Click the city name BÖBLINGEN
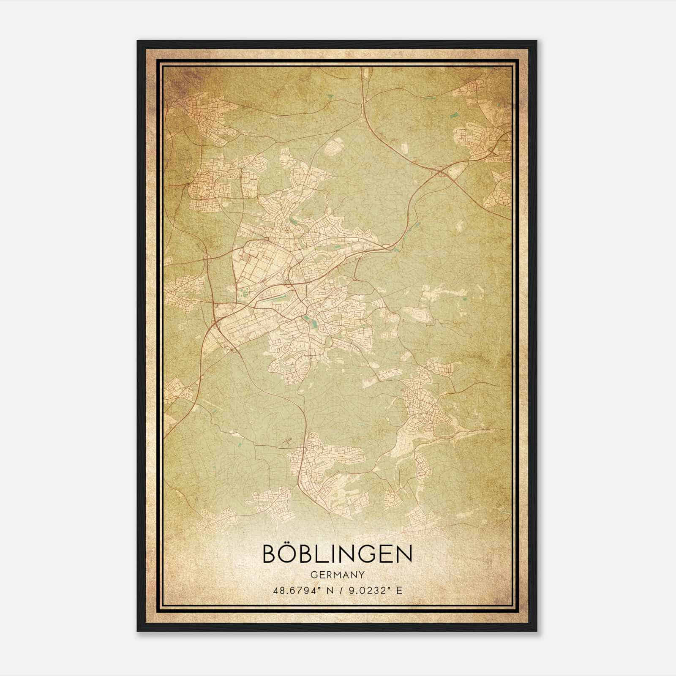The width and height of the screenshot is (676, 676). (x=337, y=553)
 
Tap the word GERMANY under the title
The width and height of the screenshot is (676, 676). (x=337, y=575)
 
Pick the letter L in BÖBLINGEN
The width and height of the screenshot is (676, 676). (x=325, y=554)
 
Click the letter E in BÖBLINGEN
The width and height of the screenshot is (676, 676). (x=389, y=554)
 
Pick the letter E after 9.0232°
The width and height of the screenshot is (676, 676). (x=399, y=590)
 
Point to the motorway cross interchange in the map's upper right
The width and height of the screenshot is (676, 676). (x=441, y=171)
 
